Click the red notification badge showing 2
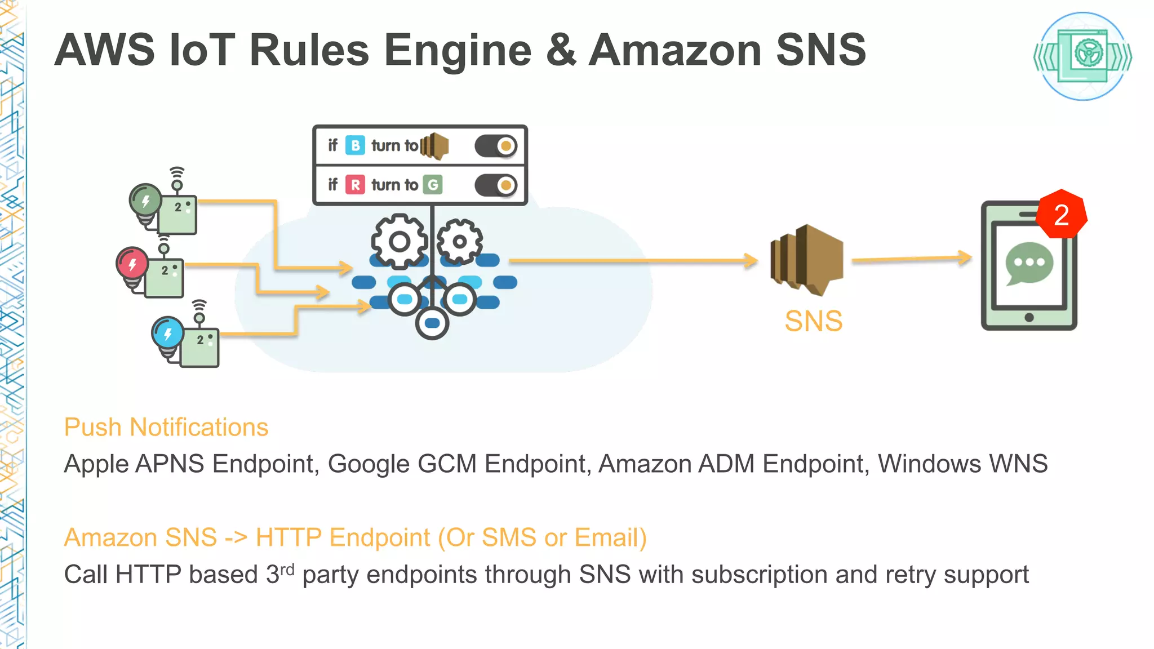pos(1062,215)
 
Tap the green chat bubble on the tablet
pos(1029,263)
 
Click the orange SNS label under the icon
pos(813,322)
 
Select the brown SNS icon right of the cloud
pos(807,260)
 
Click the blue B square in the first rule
pos(355,145)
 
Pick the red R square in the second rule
pos(355,185)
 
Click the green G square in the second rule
pos(433,185)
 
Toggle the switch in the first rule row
pos(496,146)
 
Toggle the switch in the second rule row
pos(496,185)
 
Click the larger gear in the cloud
pos(399,242)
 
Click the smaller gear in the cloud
pos(460,242)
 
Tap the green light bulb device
pos(146,201)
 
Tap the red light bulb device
pos(132,264)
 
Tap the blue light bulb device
pos(168,334)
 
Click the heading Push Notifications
pos(166,427)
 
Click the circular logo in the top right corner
pos(1082,56)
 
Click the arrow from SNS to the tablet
pos(912,259)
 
